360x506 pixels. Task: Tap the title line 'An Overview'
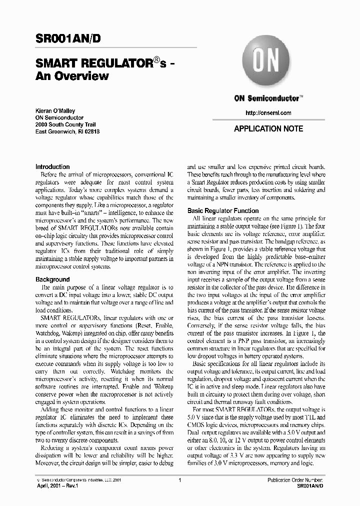point(72,76)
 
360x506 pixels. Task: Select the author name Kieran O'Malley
point(55,111)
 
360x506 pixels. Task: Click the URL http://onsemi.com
point(268,113)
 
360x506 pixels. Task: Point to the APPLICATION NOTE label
point(268,128)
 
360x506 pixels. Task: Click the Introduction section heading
point(52,167)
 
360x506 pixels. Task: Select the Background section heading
point(52,279)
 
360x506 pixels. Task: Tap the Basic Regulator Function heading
point(223,211)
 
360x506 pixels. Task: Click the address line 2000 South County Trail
point(65,124)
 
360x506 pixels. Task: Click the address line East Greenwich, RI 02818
point(67,131)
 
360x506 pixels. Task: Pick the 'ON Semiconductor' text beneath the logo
point(268,98)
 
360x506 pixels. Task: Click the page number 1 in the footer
point(179,480)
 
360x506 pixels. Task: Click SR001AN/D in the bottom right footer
point(310,486)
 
